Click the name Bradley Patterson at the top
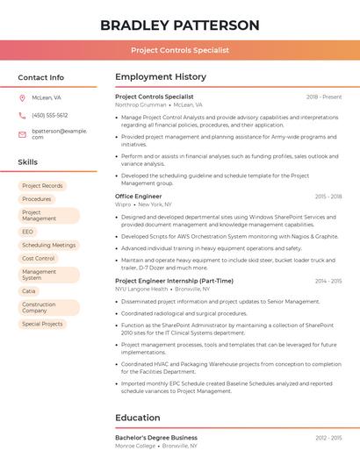click(180, 25)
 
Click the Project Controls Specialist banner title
click(180, 50)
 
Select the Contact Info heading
click(40, 77)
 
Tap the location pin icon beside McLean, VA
click(22, 97)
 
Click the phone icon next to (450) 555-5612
click(22, 115)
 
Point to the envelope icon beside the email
click(22, 133)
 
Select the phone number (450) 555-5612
click(49, 115)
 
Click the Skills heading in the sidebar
click(27, 162)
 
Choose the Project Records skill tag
click(42, 186)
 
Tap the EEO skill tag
click(28, 232)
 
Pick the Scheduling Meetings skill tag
click(48, 245)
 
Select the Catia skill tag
click(29, 290)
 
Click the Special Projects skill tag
click(42, 324)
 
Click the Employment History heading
click(160, 77)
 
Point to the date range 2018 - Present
click(323, 97)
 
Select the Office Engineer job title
click(138, 197)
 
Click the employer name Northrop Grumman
click(140, 104)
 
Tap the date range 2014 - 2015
click(328, 281)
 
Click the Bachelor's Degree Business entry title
click(155, 437)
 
